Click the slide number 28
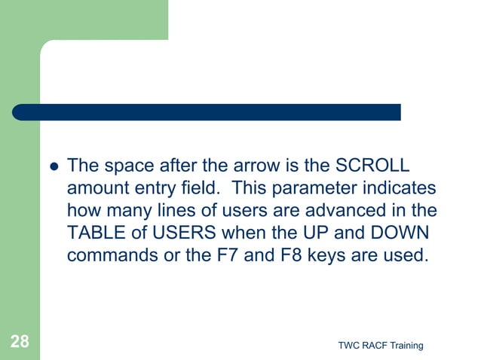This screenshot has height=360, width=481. (20, 343)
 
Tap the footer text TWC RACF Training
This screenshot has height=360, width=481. (381, 345)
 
